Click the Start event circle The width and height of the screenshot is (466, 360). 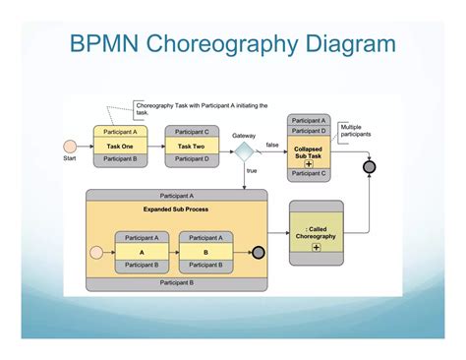click(x=71, y=146)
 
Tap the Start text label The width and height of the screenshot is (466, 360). click(x=70, y=158)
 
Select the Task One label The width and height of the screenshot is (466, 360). click(x=120, y=146)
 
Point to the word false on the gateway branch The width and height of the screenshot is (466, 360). click(x=272, y=145)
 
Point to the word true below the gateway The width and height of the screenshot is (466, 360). click(x=252, y=170)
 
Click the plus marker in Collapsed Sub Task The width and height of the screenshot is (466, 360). click(x=308, y=161)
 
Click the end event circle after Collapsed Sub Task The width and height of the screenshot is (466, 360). click(x=369, y=167)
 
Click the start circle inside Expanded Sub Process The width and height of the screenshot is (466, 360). click(x=96, y=252)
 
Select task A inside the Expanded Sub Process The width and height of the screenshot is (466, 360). click(x=142, y=252)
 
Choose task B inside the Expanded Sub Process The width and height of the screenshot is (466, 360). click(x=204, y=252)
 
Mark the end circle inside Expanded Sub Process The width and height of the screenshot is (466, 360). click(x=258, y=252)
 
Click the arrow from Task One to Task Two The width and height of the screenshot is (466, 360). click(x=155, y=146)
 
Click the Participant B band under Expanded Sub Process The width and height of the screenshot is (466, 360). click(x=176, y=282)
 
